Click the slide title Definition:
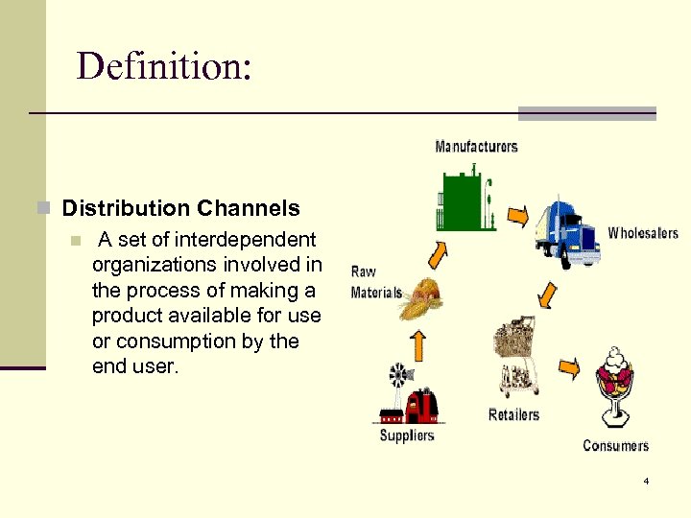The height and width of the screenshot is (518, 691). [x=164, y=66]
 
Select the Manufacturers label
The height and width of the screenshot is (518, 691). [x=476, y=147]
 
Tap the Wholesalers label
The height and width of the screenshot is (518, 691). [x=642, y=233]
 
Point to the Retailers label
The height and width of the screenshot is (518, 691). [x=513, y=414]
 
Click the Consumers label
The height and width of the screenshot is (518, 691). [x=615, y=445]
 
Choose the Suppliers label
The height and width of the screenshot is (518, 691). [x=407, y=436]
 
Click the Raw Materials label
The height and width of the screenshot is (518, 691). [x=376, y=282]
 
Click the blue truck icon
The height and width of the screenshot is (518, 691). [x=567, y=231]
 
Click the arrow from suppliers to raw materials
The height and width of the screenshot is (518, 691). [x=417, y=344]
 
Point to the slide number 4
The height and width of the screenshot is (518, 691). [x=647, y=481]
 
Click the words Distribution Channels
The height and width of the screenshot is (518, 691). [x=180, y=208]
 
